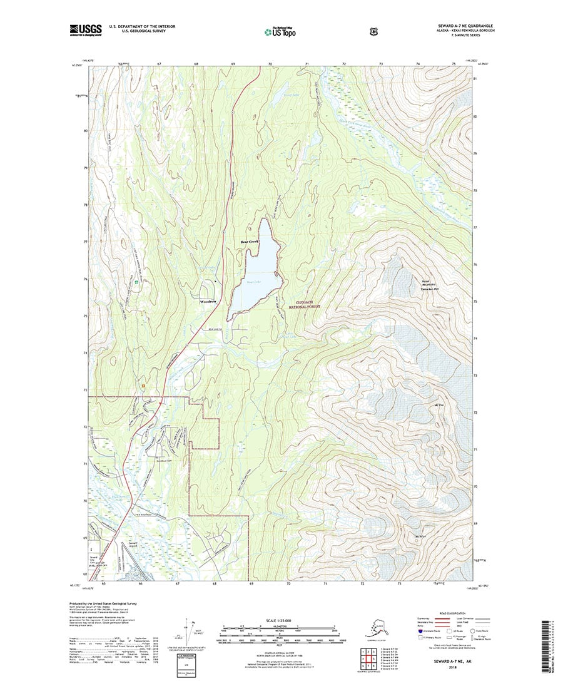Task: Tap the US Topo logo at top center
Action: click(x=280, y=30)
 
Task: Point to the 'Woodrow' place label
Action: click(x=208, y=301)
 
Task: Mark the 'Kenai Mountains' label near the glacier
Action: click(x=429, y=284)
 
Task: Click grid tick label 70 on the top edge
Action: click(x=270, y=64)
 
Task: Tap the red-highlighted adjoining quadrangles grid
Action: click(x=365, y=657)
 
